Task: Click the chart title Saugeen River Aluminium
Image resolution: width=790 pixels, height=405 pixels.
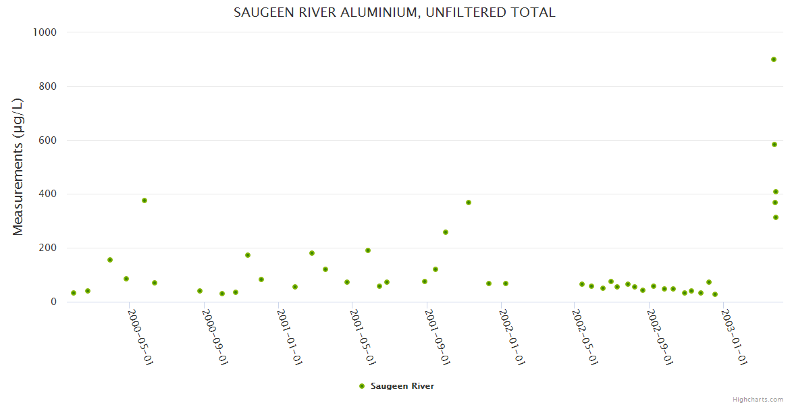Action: pyautogui.click(x=394, y=12)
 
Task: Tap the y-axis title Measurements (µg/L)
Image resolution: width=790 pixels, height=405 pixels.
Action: pyautogui.click(x=18, y=167)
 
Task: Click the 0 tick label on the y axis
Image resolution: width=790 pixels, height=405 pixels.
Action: pyautogui.click(x=53, y=302)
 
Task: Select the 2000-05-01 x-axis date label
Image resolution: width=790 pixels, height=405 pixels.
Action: pyautogui.click(x=140, y=337)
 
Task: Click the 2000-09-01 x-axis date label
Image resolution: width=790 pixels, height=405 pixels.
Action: pyautogui.click(x=215, y=337)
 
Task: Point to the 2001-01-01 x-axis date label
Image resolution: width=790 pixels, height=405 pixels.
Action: pyautogui.click(x=289, y=337)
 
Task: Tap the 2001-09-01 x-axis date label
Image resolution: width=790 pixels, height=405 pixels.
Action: pyautogui.click(x=438, y=337)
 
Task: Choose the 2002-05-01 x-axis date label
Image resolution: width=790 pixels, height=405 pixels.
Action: pyautogui.click(x=585, y=337)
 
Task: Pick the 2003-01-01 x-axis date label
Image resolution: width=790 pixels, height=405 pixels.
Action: pyautogui.click(x=734, y=337)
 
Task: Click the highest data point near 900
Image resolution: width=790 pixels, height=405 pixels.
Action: pyautogui.click(x=774, y=59)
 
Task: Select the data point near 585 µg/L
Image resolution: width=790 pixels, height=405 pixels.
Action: pyautogui.click(x=774, y=144)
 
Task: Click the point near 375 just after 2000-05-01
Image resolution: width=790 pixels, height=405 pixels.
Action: pyautogui.click(x=144, y=200)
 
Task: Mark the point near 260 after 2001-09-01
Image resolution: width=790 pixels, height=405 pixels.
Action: pyautogui.click(x=446, y=232)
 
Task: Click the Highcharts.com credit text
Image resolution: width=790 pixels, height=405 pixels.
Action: pyautogui.click(x=758, y=399)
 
